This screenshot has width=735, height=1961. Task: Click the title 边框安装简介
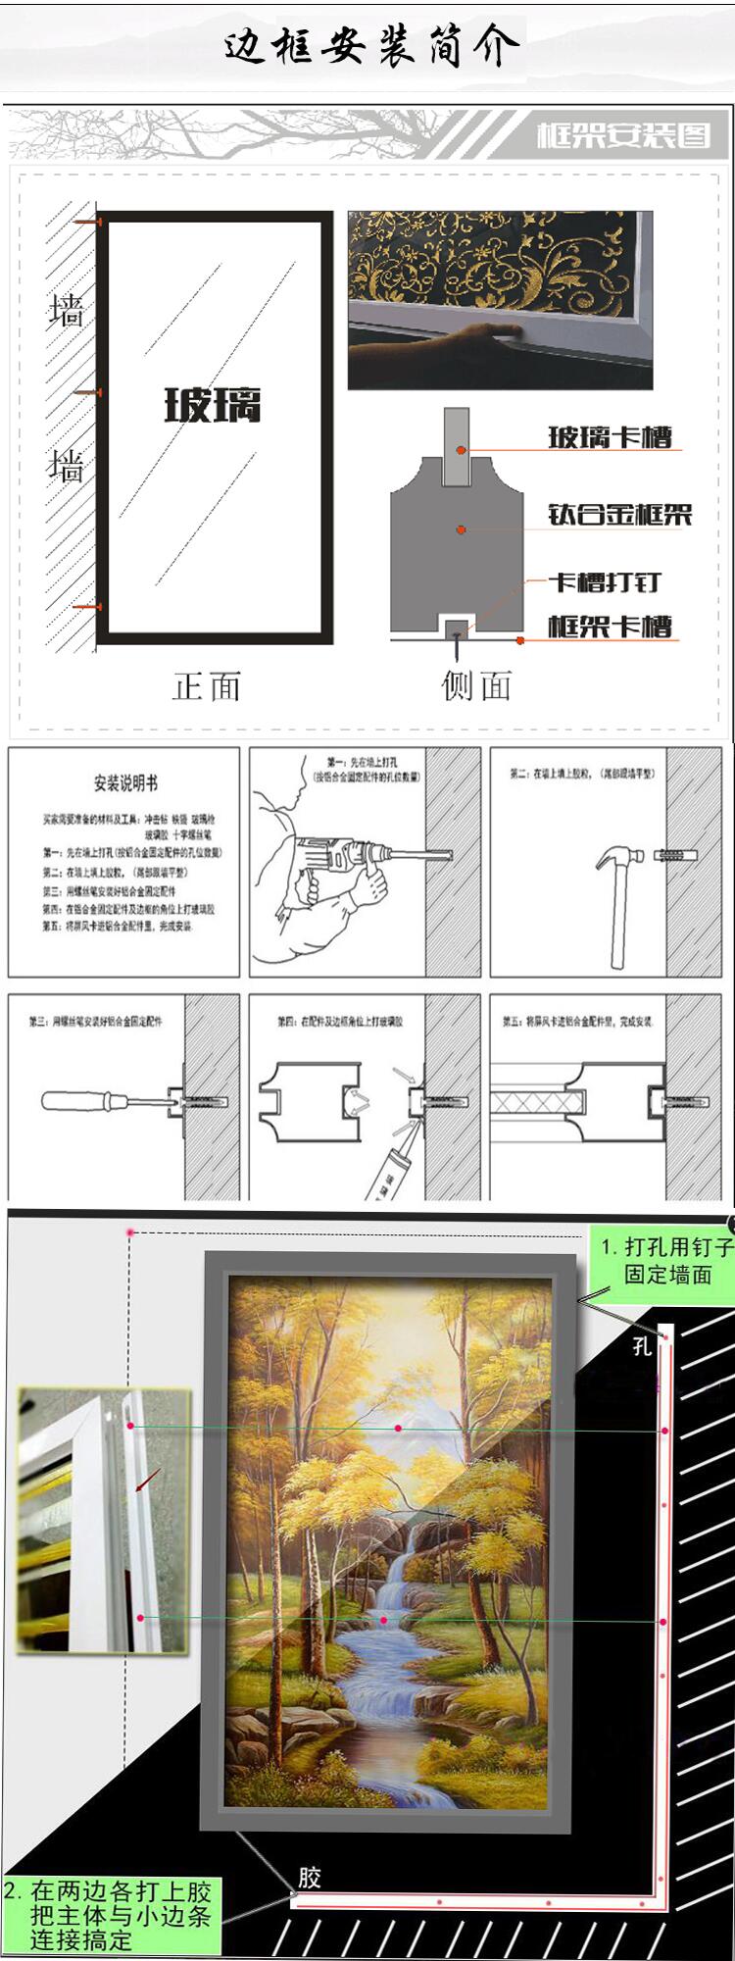371,45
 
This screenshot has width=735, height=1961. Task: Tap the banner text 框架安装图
622,134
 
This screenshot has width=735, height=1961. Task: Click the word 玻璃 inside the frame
213,404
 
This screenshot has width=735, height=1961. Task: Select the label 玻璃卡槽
610,436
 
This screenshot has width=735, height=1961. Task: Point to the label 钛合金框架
619,514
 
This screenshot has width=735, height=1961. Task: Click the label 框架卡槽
610,626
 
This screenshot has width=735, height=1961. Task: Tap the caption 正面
207,685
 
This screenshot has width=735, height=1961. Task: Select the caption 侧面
476,685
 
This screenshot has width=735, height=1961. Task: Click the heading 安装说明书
125,782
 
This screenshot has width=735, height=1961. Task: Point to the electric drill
343,858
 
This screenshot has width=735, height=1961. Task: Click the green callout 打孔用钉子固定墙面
666,1261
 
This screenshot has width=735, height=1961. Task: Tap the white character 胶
310,1877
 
